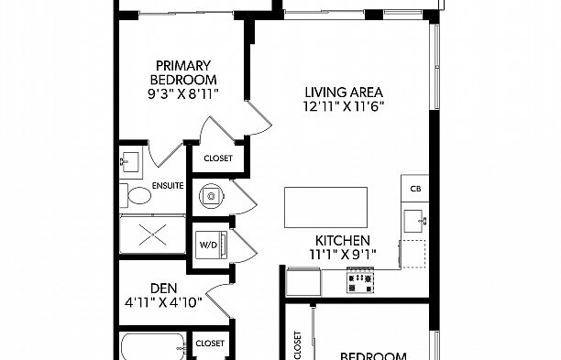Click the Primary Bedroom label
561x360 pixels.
183,72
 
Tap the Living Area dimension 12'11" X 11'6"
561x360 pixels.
344,106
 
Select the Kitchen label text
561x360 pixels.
343,240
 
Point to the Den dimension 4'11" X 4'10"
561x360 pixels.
163,303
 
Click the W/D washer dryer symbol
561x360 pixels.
211,245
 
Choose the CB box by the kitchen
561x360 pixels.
415,189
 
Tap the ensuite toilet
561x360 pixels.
136,195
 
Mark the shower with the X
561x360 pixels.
153,235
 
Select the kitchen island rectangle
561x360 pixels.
325,207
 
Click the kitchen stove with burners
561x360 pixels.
360,279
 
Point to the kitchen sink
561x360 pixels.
415,222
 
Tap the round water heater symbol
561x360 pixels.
212,195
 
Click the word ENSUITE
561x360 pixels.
168,186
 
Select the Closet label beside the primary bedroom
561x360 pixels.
218,158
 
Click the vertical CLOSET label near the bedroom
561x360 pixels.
298,345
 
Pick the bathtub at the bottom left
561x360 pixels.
153,347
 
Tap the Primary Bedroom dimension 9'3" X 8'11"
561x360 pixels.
183,94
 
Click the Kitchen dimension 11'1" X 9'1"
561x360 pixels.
343,255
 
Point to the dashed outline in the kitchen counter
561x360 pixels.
413,254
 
